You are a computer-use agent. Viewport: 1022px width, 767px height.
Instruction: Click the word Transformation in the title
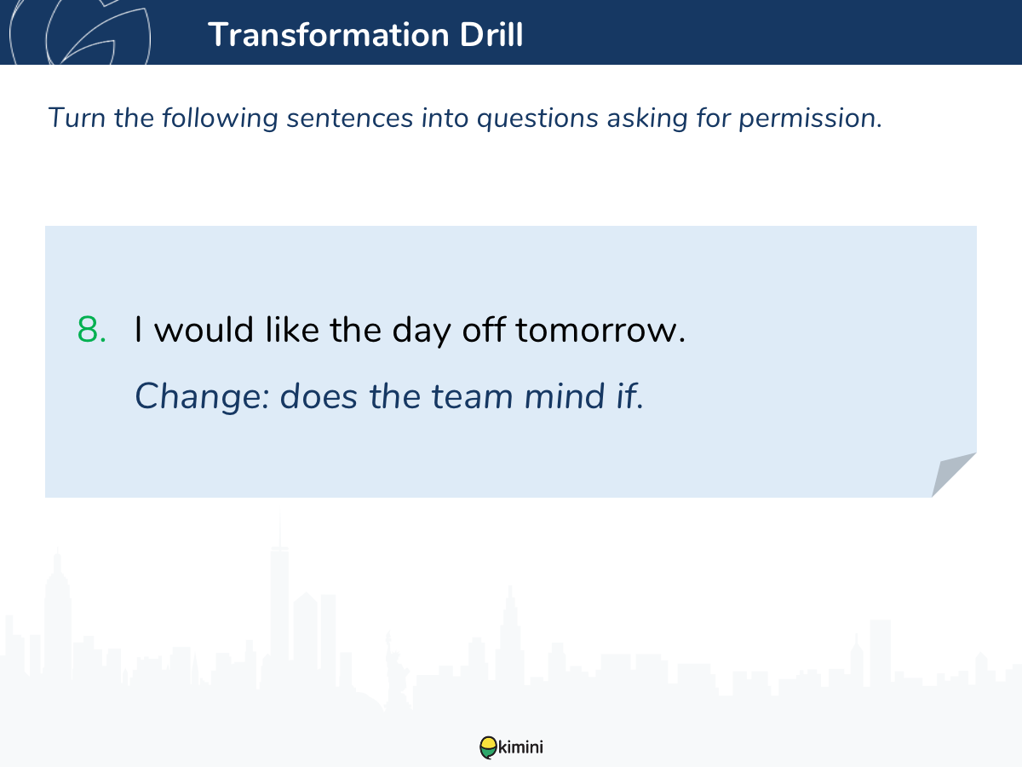[329, 34]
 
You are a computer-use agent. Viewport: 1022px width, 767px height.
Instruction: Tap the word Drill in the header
[491, 34]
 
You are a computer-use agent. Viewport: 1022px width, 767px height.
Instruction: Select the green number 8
[91, 330]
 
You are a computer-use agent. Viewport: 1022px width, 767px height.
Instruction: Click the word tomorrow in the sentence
[600, 330]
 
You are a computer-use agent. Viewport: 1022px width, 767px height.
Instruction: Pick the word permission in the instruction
[811, 118]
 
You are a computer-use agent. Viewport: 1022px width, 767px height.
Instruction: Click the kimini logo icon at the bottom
[488, 747]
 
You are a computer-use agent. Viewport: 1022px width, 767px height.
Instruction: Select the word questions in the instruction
[537, 118]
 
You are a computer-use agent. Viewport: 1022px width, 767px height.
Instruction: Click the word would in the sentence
[204, 330]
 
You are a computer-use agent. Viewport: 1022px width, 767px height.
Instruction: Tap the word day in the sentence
[422, 332]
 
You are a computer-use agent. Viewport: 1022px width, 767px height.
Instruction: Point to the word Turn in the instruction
[77, 118]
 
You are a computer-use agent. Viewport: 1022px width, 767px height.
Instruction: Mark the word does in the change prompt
[319, 395]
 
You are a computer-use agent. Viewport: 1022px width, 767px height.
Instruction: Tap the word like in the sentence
[292, 329]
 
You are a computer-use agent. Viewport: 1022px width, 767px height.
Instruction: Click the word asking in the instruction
[647, 118]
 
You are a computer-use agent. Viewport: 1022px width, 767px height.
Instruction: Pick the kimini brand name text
[520, 747]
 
